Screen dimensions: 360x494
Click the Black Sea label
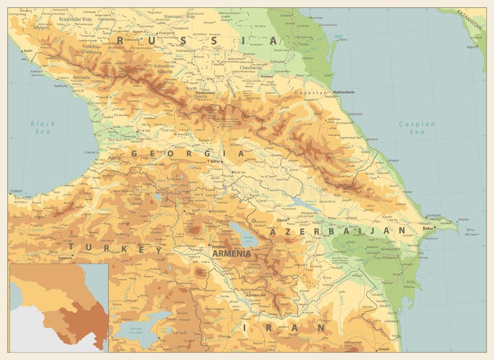[43, 128]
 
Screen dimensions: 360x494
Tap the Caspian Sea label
[417, 128]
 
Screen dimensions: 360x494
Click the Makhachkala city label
[345, 93]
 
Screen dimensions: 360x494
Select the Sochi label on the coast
[27, 50]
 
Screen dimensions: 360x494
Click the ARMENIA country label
[231, 253]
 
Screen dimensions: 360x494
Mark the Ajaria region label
[114, 159]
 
